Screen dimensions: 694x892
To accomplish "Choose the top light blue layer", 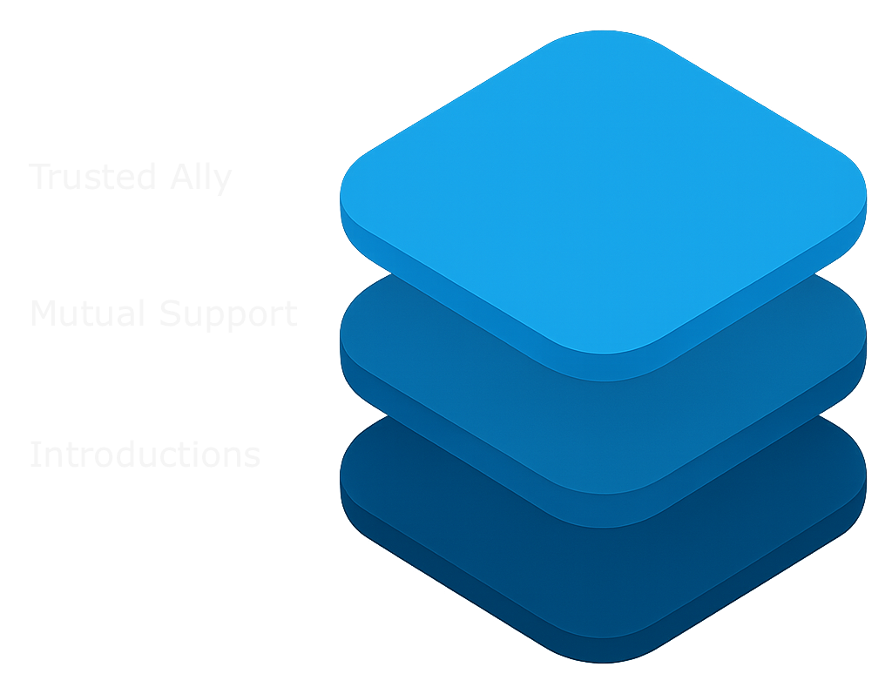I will click(603, 192).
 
